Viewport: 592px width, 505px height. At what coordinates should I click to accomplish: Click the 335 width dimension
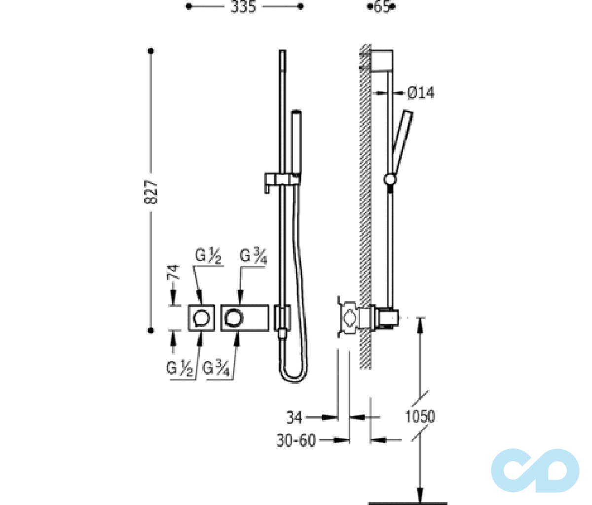coord(243,7)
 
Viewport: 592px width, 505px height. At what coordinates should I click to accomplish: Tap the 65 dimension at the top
coord(381,7)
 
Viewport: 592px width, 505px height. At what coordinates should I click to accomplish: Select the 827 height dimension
coord(150,192)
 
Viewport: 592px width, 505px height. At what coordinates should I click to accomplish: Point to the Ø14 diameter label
coord(420,93)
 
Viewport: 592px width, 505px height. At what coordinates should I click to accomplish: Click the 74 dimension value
coord(173,272)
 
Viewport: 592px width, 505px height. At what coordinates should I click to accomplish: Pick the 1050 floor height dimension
coord(420,417)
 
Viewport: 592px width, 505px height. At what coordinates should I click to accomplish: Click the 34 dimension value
coord(295,417)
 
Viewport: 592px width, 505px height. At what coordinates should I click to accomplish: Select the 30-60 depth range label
coord(296,440)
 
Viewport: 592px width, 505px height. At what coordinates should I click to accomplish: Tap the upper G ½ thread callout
coord(208,255)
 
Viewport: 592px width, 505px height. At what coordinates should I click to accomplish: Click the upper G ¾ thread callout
coord(254,256)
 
